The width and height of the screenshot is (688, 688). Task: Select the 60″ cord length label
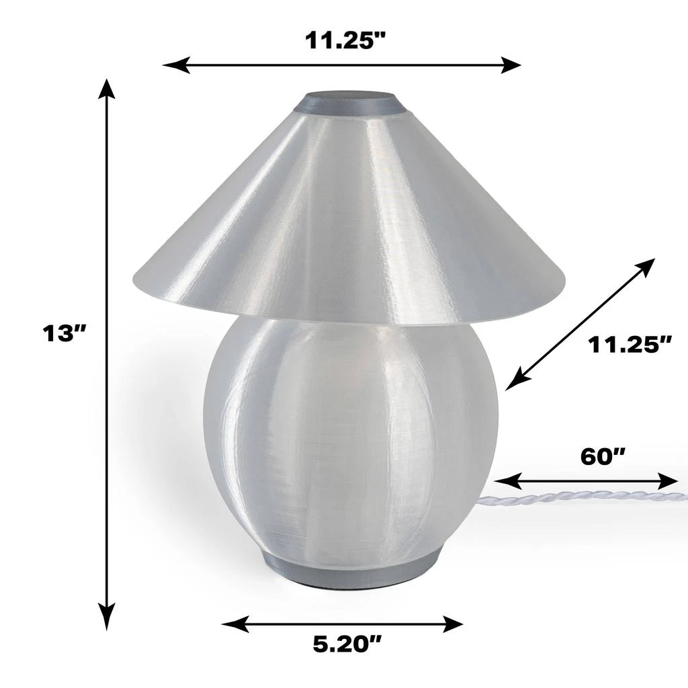[603, 456]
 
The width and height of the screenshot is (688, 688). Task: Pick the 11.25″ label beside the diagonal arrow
[630, 345]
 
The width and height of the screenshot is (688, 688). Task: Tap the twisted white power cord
[578, 497]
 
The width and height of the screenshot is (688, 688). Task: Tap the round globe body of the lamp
[349, 437]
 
